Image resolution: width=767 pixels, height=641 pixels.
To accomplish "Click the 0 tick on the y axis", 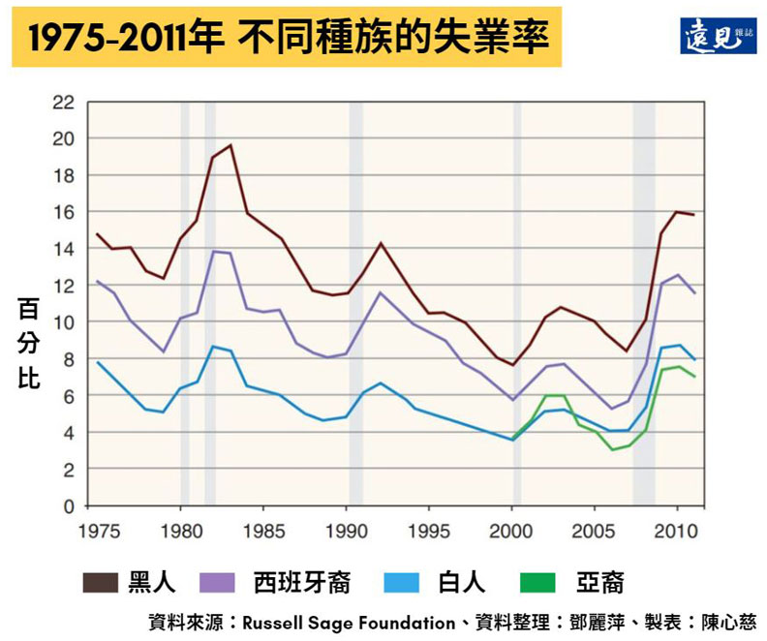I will coord(68,506).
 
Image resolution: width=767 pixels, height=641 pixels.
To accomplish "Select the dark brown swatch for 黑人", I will coord(100,582).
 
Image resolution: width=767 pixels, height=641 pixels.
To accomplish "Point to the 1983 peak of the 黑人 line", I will coord(230,145).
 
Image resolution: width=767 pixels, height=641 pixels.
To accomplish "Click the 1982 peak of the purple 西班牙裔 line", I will coord(214,252).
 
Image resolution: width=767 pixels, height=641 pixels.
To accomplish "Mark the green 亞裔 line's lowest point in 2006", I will coord(612,449).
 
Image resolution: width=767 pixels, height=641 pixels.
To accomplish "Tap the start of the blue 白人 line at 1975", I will coord(97,362).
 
